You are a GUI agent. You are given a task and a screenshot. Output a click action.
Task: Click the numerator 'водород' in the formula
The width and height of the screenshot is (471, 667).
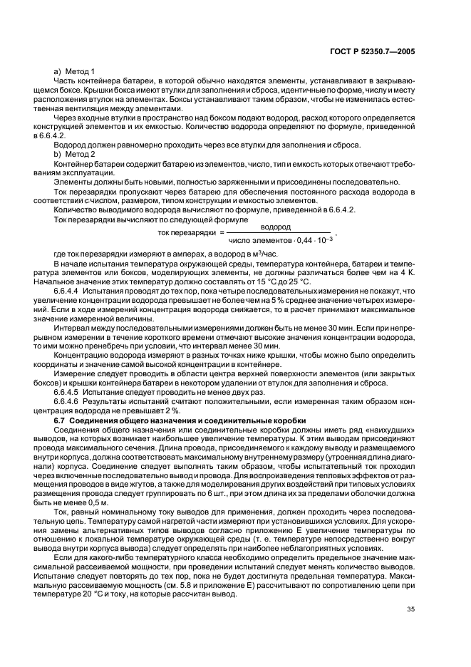(x=275, y=227)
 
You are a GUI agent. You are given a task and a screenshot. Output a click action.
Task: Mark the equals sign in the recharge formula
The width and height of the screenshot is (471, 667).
(x=222, y=233)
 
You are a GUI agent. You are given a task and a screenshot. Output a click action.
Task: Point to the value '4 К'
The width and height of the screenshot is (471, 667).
(x=406, y=273)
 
